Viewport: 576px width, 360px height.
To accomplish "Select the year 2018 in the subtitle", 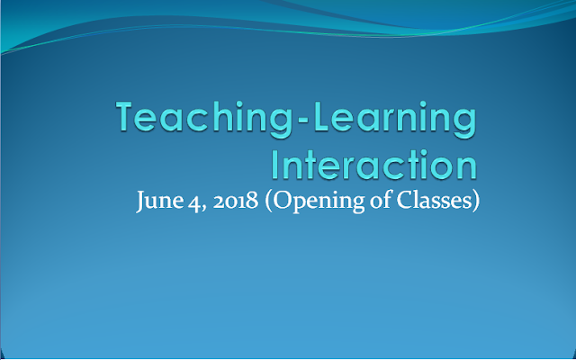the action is [236, 202].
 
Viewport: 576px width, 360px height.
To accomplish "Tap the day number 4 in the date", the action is [193, 202].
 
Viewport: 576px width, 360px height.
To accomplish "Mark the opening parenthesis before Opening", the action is [268, 202].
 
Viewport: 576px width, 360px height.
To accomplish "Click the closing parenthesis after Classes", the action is [475, 202].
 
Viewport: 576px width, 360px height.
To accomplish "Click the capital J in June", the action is [141, 202].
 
